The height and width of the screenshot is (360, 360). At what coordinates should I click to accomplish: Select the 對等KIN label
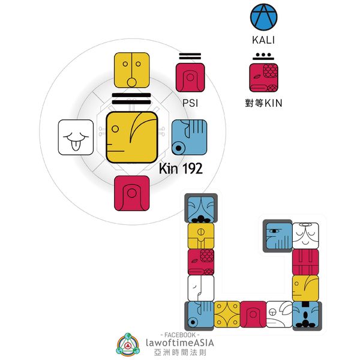pyautogui.click(x=263, y=103)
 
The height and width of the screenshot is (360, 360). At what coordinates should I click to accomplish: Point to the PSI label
pyautogui.click(x=190, y=103)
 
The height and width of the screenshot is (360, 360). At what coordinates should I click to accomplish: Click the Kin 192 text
pyautogui.click(x=181, y=169)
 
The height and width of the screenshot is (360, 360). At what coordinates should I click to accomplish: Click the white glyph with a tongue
pyautogui.click(x=76, y=137)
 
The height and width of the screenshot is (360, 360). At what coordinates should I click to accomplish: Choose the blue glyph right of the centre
pyautogui.click(x=189, y=137)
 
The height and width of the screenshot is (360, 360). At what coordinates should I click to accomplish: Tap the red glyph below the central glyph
pyautogui.click(x=132, y=193)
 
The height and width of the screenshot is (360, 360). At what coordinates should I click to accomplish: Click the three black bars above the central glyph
pyautogui.click(x=132, y=99)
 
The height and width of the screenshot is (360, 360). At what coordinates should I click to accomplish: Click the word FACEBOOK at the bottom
pyautogui.click(x=180, y=333)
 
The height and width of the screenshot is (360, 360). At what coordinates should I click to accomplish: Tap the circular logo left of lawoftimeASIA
pyautogui.click(x=128, y=344)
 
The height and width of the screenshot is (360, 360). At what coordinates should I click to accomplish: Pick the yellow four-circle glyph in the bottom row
pyautogui.click(x=227, y=314)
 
